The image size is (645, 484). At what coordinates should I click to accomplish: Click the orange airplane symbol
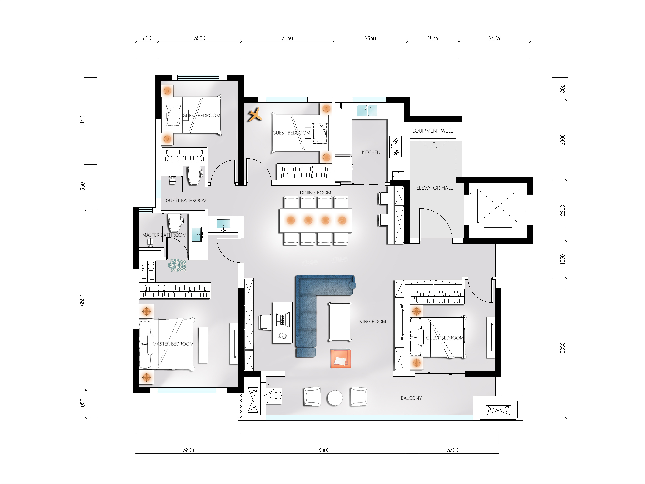pos(255,115)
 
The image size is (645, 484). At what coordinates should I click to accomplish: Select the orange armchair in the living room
pos(341,358)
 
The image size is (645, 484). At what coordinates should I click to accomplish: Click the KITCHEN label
pos(371,152)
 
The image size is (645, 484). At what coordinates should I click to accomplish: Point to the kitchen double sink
pos(367,111)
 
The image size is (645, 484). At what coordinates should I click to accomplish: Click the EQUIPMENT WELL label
pos(432,131)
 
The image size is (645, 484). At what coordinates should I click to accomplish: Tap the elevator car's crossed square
pos(498,206)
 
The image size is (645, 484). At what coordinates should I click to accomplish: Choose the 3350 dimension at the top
pos(287,38)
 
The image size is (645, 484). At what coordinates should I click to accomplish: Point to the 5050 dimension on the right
pos(562,348)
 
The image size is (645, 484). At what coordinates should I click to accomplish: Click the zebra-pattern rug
pos(177,265)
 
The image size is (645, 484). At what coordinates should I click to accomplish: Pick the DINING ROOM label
pos(316,192)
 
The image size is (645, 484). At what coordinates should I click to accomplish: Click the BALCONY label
pos(411,398)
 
